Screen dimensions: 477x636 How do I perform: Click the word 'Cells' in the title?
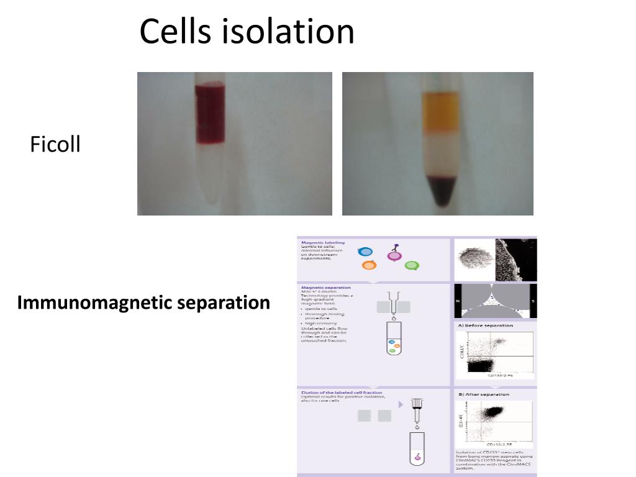175,32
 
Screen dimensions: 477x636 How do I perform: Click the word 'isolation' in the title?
286,32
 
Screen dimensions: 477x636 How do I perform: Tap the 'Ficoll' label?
55,145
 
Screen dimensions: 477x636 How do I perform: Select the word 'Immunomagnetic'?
94,302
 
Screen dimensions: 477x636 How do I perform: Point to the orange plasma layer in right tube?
440,112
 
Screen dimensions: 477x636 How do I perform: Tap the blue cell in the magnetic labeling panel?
365,252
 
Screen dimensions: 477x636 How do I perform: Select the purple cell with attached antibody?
394,255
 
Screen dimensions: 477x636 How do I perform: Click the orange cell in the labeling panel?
369,265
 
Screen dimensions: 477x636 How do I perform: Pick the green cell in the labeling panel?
411,265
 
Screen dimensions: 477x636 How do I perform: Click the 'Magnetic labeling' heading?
322,242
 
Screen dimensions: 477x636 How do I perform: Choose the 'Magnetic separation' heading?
325,288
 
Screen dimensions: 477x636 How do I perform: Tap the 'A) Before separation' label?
486,325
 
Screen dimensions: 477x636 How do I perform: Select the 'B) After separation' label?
484,394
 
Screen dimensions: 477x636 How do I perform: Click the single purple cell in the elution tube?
417,457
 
